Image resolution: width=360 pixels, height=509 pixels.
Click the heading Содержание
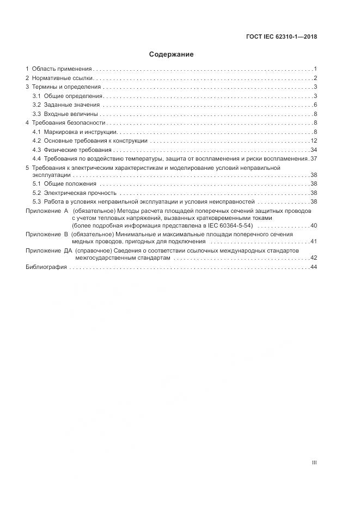pyautogui.click(x=172, y=54)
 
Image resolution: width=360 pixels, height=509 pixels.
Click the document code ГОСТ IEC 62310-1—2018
pyautogui.click(x=280, y=38)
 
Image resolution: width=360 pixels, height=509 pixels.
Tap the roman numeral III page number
pyautogui.click(x=314, y=463)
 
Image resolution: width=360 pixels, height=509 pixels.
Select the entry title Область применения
pyautogui.click(x=62, y=69)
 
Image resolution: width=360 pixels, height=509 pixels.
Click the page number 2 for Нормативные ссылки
pyautogui.click(x=315, y=78)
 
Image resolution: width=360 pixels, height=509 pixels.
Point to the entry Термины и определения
pyautogui.click(x=66, y=87)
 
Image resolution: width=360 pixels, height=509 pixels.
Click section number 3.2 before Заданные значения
pyautogui.click(x=36, y=105)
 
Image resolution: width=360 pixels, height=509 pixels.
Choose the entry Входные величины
pyautogui.click(x=70, y=114)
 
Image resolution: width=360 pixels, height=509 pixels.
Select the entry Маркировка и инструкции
pyautogui.click(x=80, y=132)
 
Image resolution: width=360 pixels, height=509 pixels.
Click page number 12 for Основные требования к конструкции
pyautogui.click(x=314, y=141)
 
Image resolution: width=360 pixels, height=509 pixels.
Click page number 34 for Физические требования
pyautogui.click(x=314, y=150)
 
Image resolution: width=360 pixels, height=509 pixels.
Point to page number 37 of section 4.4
pyautogui.click(x=314, y=158)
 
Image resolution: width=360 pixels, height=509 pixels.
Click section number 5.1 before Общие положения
pyautogui.click(x=36, y=185)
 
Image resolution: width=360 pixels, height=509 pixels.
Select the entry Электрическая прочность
pyautogui.click(x=80, y=193)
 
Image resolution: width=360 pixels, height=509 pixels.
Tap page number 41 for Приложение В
pyautogui.click(x=314, y=241)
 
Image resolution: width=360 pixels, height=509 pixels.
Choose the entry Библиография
pyautogui.click(x=46, y=267)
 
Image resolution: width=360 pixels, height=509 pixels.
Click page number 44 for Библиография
pyautogui.click(x=314, y=267)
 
